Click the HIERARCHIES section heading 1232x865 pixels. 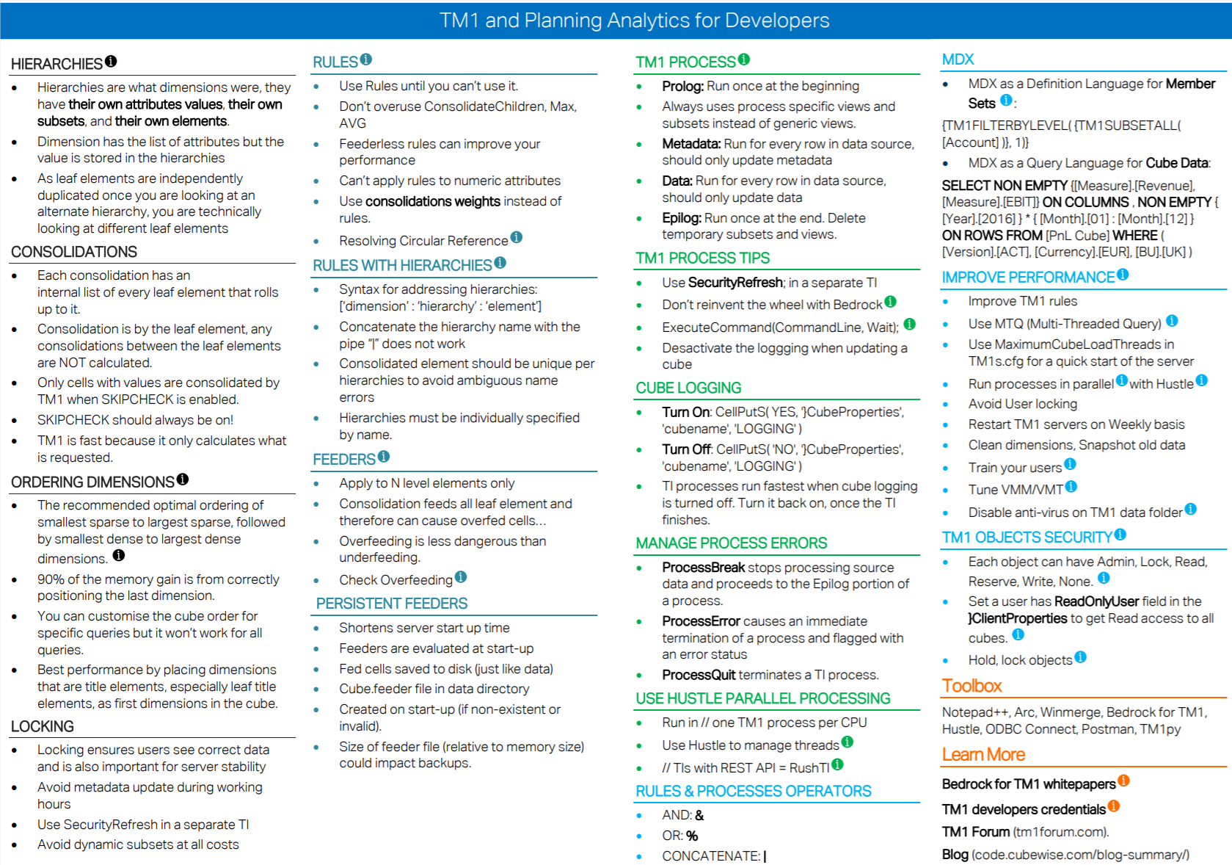[57, 64]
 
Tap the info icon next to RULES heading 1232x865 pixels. [366, 59]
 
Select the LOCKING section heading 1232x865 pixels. [43, 726]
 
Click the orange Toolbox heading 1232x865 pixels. [972, 686]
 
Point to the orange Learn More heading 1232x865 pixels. [983, 755]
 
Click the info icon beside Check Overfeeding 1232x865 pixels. [461, 577]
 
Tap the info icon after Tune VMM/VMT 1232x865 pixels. [1071, 486]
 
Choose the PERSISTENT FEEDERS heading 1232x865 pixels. [391, 604]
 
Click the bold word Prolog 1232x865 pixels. [682, 86]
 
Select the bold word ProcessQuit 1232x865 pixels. [697, 675]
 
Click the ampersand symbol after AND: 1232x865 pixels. [699, 815]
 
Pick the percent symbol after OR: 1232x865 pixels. [692, 836]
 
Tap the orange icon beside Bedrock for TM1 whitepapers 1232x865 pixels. [1123, 781]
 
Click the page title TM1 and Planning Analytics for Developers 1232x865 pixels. [634, 20]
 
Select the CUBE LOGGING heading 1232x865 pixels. [688, 388]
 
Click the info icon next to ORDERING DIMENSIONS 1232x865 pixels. [183, 479]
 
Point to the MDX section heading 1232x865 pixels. [958, 59]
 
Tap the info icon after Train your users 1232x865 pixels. [1070, 464]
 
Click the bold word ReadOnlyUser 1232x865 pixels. [1096, 601]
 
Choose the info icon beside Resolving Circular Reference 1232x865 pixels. [517, 237]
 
